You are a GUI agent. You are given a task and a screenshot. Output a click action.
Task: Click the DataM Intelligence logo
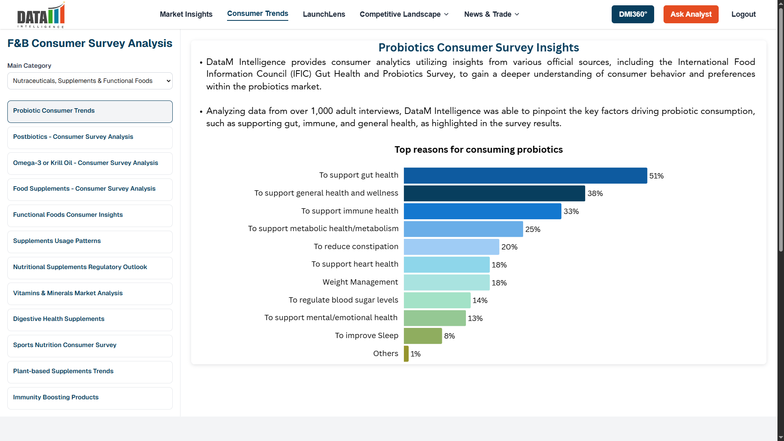(41, 16)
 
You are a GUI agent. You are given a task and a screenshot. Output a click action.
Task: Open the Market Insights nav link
(186, 14)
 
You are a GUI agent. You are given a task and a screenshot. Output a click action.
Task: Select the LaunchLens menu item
(324, 14)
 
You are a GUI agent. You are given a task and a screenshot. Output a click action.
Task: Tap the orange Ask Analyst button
(690, 14)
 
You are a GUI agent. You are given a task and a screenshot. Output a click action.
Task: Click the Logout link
(743, 14)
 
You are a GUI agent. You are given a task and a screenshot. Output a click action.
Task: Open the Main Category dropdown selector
(90, 81)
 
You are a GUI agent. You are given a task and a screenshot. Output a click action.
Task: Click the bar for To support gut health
(525, 176)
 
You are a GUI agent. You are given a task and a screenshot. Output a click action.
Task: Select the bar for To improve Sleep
(423, 336)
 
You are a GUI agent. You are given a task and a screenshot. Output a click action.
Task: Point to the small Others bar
(406, 354)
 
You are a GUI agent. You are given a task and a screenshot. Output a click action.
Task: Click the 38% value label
(595, 194)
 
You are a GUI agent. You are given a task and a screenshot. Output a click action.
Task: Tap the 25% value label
(532, 229)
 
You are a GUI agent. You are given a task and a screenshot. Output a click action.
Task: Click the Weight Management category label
(360, 282)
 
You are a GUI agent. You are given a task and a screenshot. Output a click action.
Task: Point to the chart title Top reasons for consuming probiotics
(479, 150)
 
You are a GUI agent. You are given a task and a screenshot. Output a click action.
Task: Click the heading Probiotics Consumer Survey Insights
(479, 48)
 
